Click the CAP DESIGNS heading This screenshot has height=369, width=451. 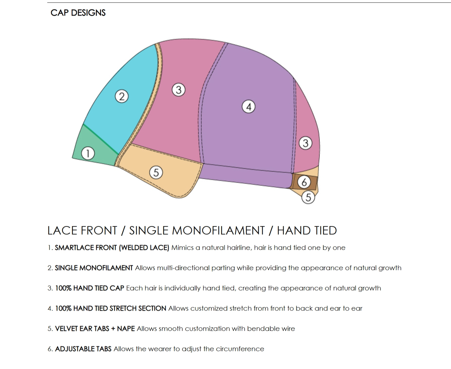[78, 13]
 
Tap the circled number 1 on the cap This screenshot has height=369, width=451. [88, 153]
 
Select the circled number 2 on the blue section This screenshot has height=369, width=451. [122, 96]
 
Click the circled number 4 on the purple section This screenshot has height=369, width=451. [248, 107]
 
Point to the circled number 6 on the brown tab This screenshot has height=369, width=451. [304, 183]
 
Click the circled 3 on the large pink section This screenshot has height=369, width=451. [179, 90]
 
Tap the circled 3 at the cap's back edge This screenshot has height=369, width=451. [305, 143]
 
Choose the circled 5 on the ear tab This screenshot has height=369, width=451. [156, 173]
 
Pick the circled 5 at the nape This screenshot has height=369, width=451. [308, 197]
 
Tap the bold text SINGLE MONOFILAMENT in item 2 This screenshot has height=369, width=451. [94, 268]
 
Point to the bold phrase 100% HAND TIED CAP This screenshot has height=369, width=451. [90, 288]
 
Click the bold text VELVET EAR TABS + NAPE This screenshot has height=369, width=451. [95, 329]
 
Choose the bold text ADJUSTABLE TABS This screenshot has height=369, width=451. [83, 349]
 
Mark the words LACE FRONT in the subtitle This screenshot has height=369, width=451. [82, 230]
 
